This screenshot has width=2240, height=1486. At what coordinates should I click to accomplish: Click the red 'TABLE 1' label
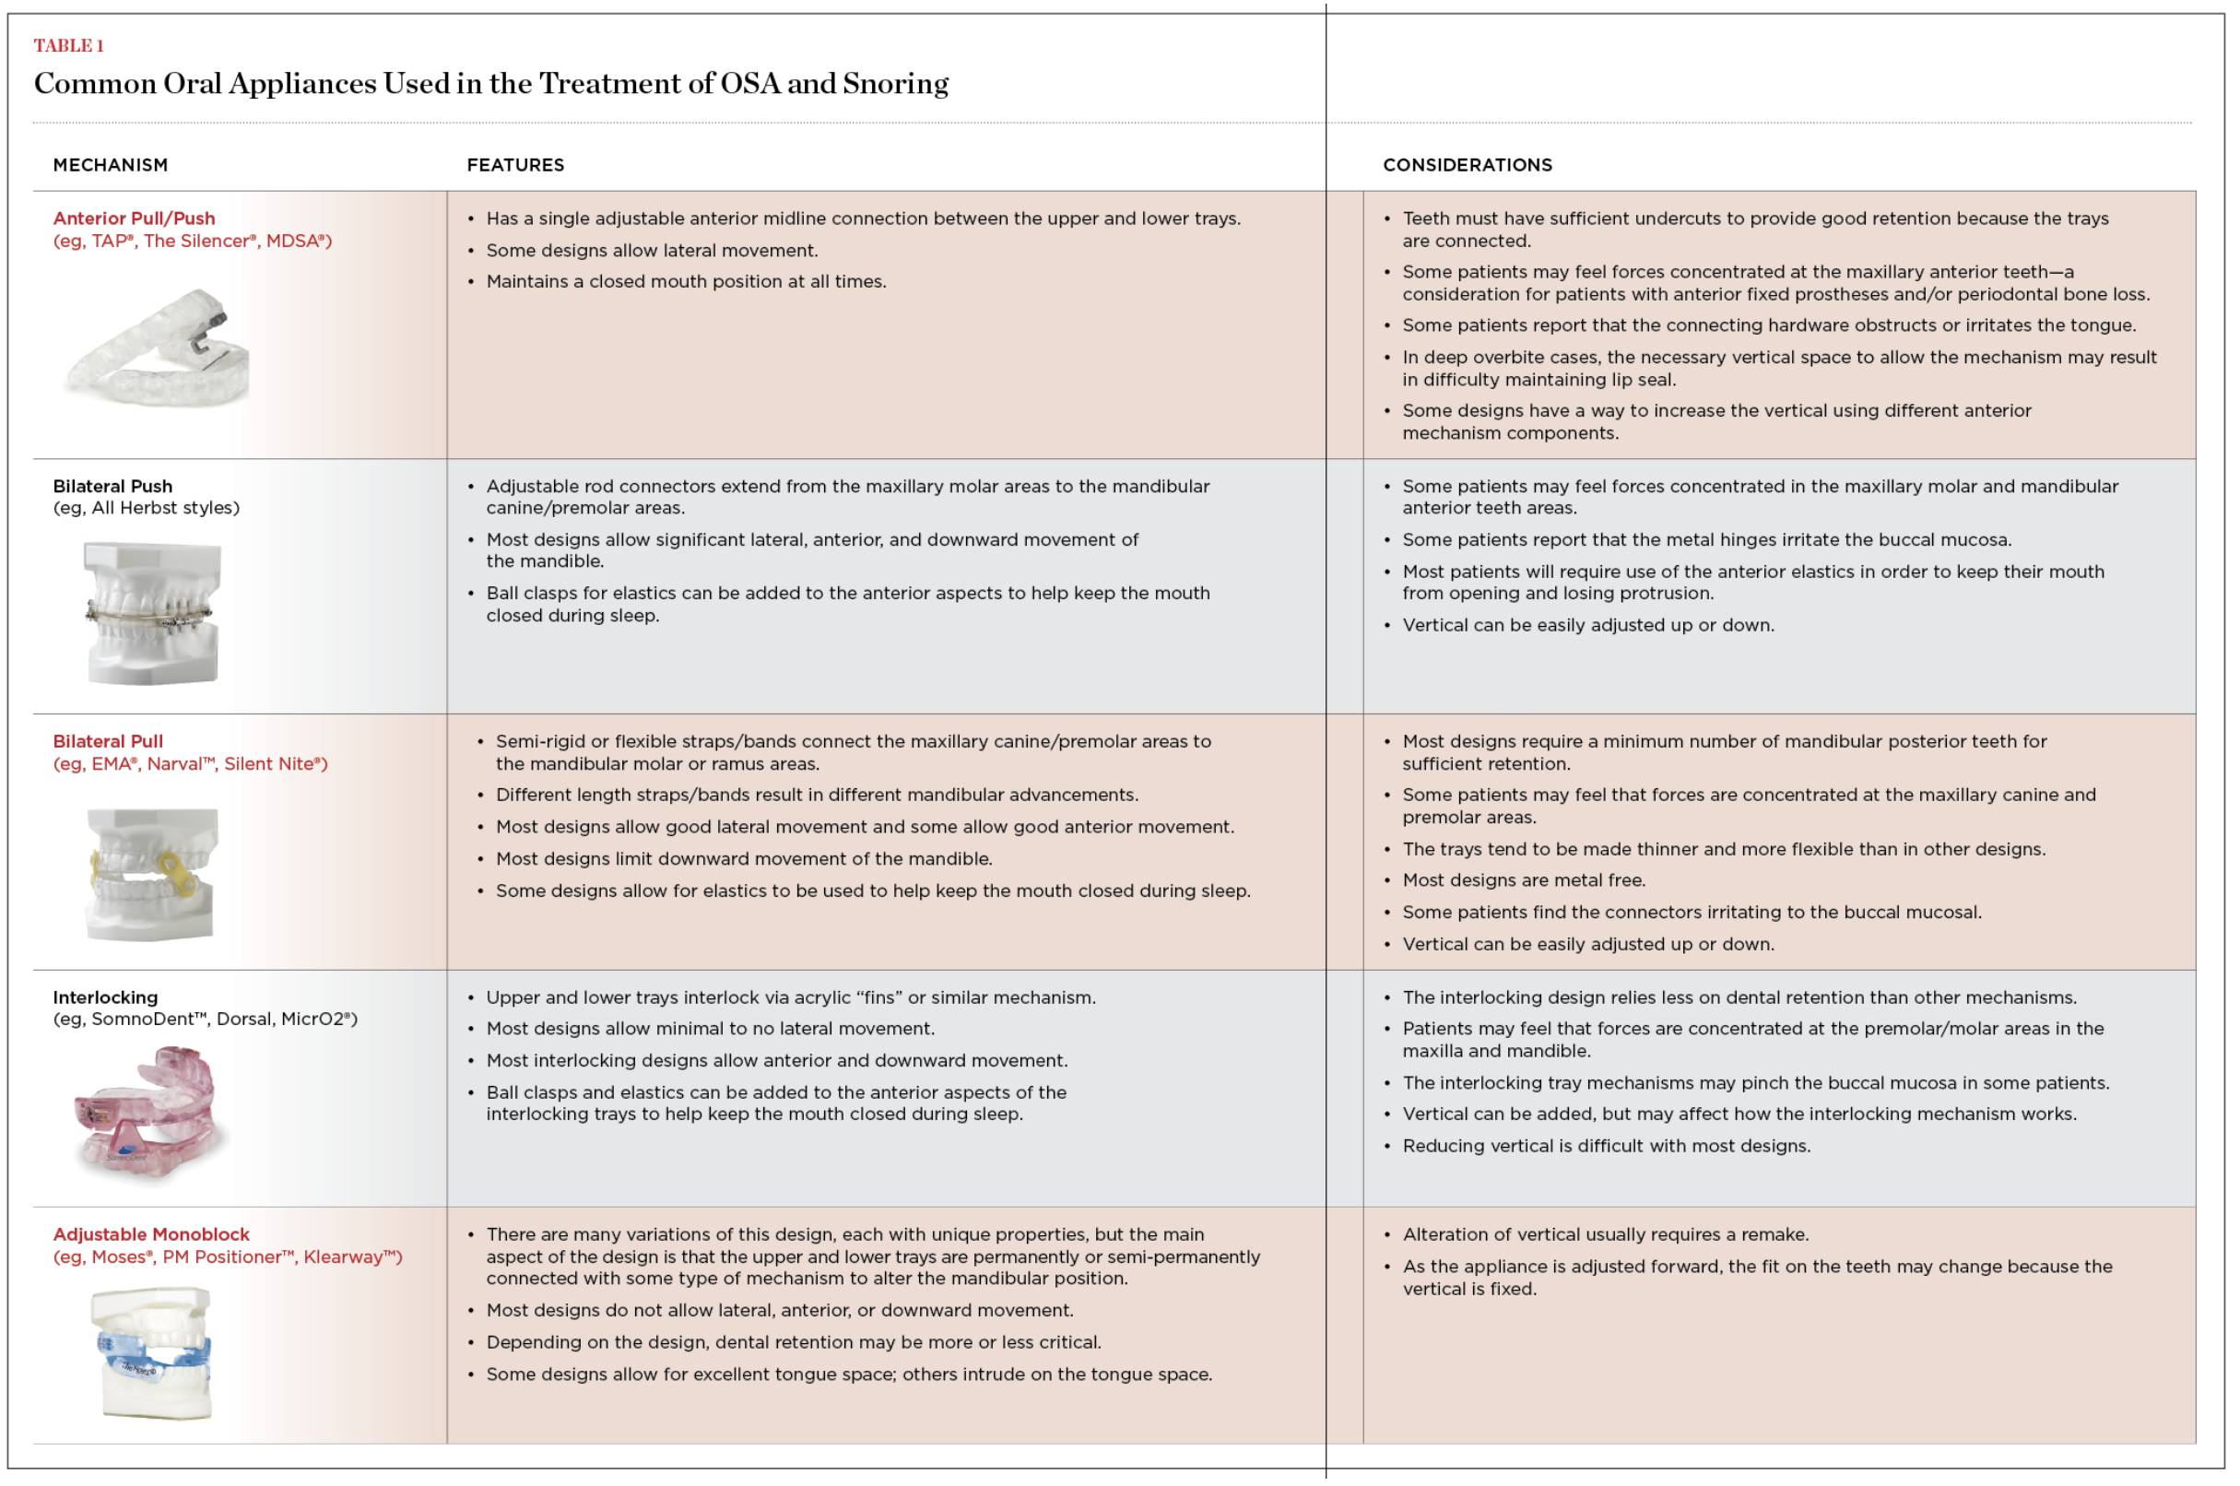tap(68, 45)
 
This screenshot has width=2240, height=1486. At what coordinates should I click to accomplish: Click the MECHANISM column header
tap(110, 165)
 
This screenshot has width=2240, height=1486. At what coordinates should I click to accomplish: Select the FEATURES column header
tap(514, 165)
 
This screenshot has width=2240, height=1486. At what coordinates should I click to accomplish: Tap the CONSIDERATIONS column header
tap(1467, 165)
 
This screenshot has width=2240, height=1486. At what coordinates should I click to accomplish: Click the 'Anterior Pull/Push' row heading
tap(134, 218)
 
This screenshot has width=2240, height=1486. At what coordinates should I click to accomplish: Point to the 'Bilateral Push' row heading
tap(112, 486)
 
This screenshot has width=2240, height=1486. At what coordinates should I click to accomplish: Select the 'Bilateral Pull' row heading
tap(107, 741)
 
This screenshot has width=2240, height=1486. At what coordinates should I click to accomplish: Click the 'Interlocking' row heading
tap(105, 997)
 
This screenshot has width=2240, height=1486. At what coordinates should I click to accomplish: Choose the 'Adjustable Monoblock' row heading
tap(150, 1234)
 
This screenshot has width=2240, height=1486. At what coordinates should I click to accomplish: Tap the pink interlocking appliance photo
tap(149, 1111)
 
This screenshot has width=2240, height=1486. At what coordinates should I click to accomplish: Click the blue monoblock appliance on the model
tap(154, 1357)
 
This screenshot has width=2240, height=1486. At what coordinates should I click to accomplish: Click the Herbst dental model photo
tap(151, 612)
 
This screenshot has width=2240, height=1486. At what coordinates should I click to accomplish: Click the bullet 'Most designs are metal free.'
tap(1523, 880)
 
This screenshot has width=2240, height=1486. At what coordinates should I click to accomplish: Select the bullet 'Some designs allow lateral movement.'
tap(651, 250)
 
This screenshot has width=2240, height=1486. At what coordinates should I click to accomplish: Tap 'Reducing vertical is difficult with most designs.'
tap(1605, 1146)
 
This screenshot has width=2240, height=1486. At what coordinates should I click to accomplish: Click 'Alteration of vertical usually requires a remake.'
tap(1605, 1234)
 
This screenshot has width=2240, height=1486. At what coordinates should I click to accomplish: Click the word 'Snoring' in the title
tap(894, 84)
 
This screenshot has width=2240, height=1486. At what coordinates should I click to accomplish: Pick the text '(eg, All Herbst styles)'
tap(146, 508)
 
